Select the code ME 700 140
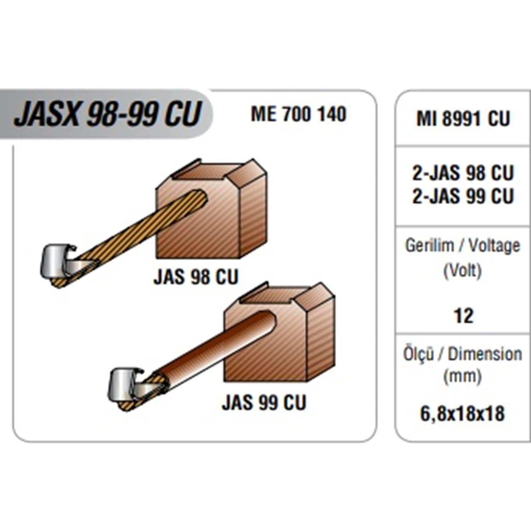pos(298,114)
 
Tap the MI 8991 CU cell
pos(463,119)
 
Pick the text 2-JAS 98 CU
pos(463,173)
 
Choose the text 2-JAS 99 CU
pos(463,196)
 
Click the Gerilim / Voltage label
pos(463,246)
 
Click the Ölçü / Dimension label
pos(463,354)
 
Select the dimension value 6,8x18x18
pos(462,413)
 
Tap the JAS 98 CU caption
pos(196,277)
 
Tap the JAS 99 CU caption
pos(264,402)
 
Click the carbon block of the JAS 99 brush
pos(283,350)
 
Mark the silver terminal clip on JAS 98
pos(57,262)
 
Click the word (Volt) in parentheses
pos(463,271)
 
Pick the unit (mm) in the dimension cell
pos(463,376)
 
